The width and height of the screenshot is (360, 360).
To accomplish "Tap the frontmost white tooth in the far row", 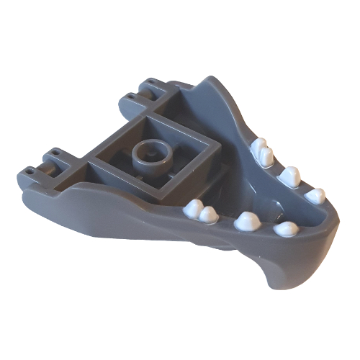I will click(x=315, y=195).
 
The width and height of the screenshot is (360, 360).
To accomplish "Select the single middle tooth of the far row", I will click(x=289, y=175).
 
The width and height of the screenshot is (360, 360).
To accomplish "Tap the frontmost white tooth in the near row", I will click(x=287, y=229).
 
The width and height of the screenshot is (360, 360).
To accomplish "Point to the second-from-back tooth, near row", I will click(x=210, y=214).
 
